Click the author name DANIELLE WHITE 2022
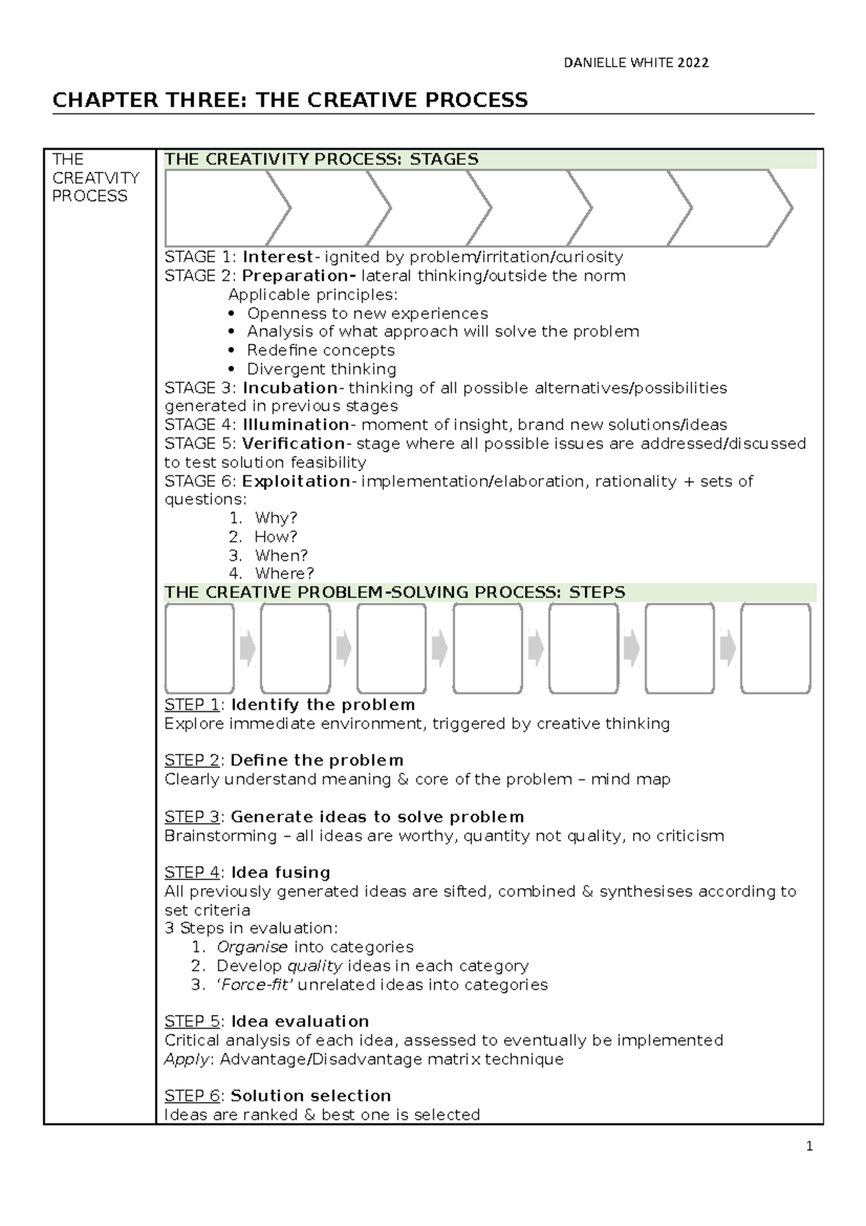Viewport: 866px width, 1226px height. [636, 63]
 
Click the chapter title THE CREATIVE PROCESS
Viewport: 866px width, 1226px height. [289, 100]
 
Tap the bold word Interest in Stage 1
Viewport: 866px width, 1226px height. [278, 257]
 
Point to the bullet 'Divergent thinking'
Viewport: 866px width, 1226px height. [321, 369]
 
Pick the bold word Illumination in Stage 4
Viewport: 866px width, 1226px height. [297, 425]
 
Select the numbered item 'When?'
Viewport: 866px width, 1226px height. [281, 555]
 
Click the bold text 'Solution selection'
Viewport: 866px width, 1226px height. [310, 1096]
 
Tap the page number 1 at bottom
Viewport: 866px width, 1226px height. [810, 1147]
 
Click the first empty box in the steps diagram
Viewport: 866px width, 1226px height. [199, 648]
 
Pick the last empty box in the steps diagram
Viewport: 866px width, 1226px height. [776, 648]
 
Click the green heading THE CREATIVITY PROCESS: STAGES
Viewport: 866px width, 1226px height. [321, 160]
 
